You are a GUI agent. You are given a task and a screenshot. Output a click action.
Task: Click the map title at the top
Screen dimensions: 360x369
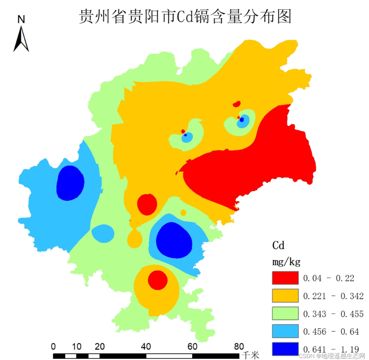tap(185, 17)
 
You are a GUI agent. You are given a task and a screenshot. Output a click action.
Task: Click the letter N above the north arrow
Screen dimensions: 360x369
tap(21, 19)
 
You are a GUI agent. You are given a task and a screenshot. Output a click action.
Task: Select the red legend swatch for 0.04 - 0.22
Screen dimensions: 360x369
tap(285, 278)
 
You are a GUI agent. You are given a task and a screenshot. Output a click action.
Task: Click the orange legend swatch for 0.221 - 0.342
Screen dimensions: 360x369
tap(285, 296)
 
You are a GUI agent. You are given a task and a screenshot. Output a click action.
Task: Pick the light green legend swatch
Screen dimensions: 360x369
tap(285, 313)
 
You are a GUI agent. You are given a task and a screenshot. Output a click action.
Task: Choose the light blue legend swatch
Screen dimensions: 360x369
tap(285, 331)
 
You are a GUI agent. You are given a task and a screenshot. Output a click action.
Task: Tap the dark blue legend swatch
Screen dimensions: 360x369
tap(285, 349)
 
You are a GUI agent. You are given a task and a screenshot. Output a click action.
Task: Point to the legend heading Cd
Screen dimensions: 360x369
tap(278, 245)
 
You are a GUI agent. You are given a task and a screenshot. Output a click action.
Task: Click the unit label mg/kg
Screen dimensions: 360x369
tap(286, 261)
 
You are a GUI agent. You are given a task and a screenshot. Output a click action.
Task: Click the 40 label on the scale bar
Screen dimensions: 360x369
tap(146, 347)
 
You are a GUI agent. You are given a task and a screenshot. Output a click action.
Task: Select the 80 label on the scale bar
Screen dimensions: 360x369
tap(239, 347)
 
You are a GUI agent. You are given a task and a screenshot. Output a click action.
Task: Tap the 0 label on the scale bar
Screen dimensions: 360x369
tap(53, 347)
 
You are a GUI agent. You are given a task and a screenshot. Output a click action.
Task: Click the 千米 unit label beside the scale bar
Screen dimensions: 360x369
tap(250, 355)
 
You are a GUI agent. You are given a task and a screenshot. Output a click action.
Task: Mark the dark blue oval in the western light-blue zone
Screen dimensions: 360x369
tap(70, 183)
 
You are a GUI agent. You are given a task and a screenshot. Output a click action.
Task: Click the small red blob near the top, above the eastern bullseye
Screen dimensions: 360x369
tap(236, 104)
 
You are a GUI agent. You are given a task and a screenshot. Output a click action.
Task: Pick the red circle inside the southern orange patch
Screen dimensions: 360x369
tap(158, 280)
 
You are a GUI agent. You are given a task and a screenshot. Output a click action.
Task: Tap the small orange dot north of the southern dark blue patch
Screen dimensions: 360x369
tap(183, 213)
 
